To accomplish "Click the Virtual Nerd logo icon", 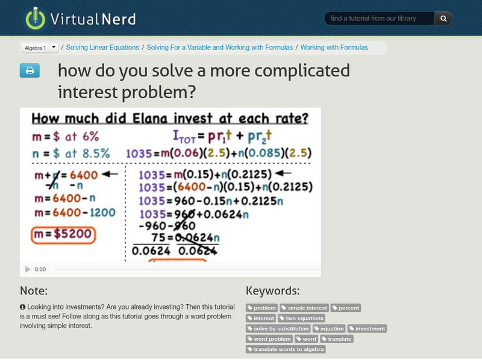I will (x=35, y=19).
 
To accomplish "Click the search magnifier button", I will (x=443, y=19).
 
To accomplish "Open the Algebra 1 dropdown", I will (x=53, y=48).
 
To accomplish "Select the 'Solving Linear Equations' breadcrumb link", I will (x=102, y=48).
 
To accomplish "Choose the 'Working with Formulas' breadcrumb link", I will (x=334, y=48).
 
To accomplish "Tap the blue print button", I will (x=30, y=71).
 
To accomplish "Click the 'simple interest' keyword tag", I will (x=305, y=308).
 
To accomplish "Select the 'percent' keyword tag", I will (x=346, y=308).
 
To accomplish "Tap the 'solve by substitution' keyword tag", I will (x=278, y=329).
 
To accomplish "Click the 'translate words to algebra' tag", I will (x=287, y=349).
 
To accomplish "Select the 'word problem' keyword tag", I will (x=269, y=339).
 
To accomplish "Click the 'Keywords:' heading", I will (x=273, y=291).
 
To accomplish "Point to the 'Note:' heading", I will (x=34, y=291).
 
